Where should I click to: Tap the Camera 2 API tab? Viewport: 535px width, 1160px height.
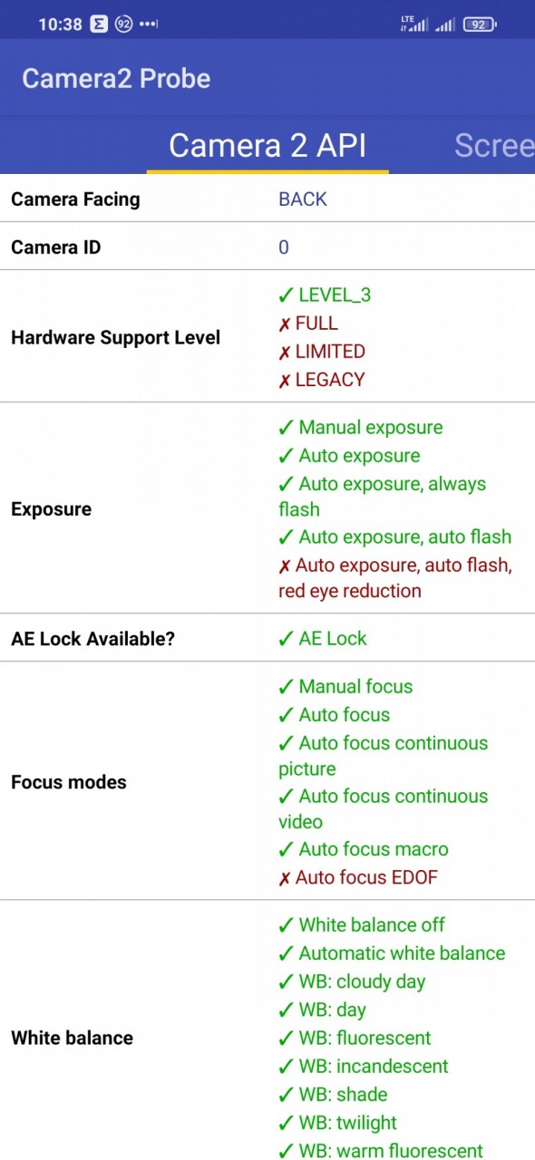(267, 146)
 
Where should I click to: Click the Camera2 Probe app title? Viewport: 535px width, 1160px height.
(116, 79)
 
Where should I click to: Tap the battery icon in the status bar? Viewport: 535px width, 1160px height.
(480, 24)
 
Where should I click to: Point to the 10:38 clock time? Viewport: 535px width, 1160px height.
(60, 24)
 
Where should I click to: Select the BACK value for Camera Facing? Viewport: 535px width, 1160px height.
(303, 199)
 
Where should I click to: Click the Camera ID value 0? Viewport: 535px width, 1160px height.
(284, 247)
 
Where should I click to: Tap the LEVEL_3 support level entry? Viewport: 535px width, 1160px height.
(325, 295)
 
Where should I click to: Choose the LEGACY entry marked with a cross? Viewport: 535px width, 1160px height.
(322, 380)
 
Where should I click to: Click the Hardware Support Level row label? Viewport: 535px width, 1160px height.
(115, 338)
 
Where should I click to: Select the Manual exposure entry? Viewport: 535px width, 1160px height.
(361, 428)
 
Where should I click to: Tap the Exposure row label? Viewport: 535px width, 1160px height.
(52, 509)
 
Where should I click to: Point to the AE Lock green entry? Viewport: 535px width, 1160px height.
(323, 639)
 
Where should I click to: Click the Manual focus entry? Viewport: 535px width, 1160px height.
(345, 687)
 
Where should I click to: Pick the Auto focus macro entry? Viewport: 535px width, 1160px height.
(364, 849)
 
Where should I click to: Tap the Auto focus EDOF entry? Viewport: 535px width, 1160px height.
(358, 878)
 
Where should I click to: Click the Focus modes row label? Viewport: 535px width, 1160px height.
(69, 782)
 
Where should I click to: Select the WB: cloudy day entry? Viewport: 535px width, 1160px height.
(352, 981)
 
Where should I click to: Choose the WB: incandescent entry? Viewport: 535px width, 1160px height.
(364, 1067)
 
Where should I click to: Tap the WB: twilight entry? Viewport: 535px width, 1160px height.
(337, 1123)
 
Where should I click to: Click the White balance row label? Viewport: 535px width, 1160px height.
(72, 1038)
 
